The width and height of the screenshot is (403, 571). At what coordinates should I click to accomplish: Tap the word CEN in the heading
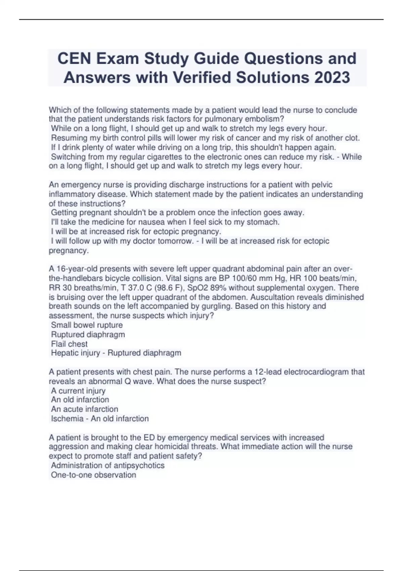pyautogui.click(x=74, y=58)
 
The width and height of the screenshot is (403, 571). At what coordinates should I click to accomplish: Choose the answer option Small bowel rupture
pyautogui.click(x=87, y=325)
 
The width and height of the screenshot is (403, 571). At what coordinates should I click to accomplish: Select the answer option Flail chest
pyautogui.click(x=69, y=344)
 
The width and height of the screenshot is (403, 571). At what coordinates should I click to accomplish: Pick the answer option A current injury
pyautogui.click(x=78, y=391)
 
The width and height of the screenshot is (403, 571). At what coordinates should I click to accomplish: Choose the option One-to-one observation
pyautogui.click(x=93, y=475)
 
